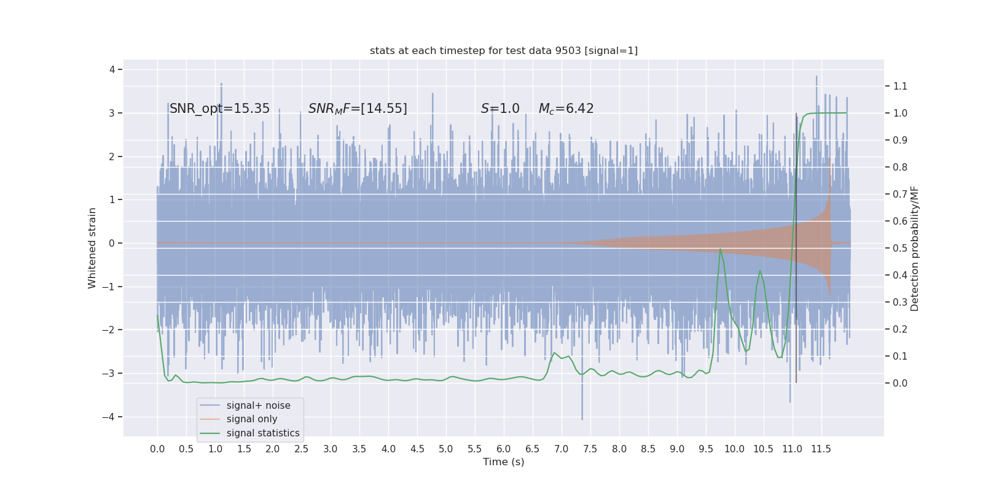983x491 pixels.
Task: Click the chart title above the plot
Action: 503,51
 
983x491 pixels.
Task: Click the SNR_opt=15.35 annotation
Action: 219,109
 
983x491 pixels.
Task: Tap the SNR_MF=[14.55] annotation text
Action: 358,109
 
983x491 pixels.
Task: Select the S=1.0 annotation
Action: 500,109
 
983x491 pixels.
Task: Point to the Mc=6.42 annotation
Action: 566,109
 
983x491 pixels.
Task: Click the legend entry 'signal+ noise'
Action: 258,406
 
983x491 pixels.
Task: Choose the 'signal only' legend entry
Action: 252,419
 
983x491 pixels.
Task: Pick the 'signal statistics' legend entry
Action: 263,433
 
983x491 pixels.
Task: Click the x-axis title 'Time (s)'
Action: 503,462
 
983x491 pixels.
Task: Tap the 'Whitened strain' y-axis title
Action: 92,248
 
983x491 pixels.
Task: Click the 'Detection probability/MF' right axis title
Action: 915,248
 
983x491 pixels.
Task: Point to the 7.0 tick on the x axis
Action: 562,449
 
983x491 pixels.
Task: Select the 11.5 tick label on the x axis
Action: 821,449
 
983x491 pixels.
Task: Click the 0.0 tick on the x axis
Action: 157,449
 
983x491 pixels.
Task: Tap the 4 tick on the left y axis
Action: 112,69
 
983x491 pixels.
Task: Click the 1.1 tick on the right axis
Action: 900,86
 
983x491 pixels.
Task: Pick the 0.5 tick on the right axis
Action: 900,248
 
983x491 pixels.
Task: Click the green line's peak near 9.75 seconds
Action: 720,249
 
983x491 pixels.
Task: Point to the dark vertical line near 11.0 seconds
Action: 796,245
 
